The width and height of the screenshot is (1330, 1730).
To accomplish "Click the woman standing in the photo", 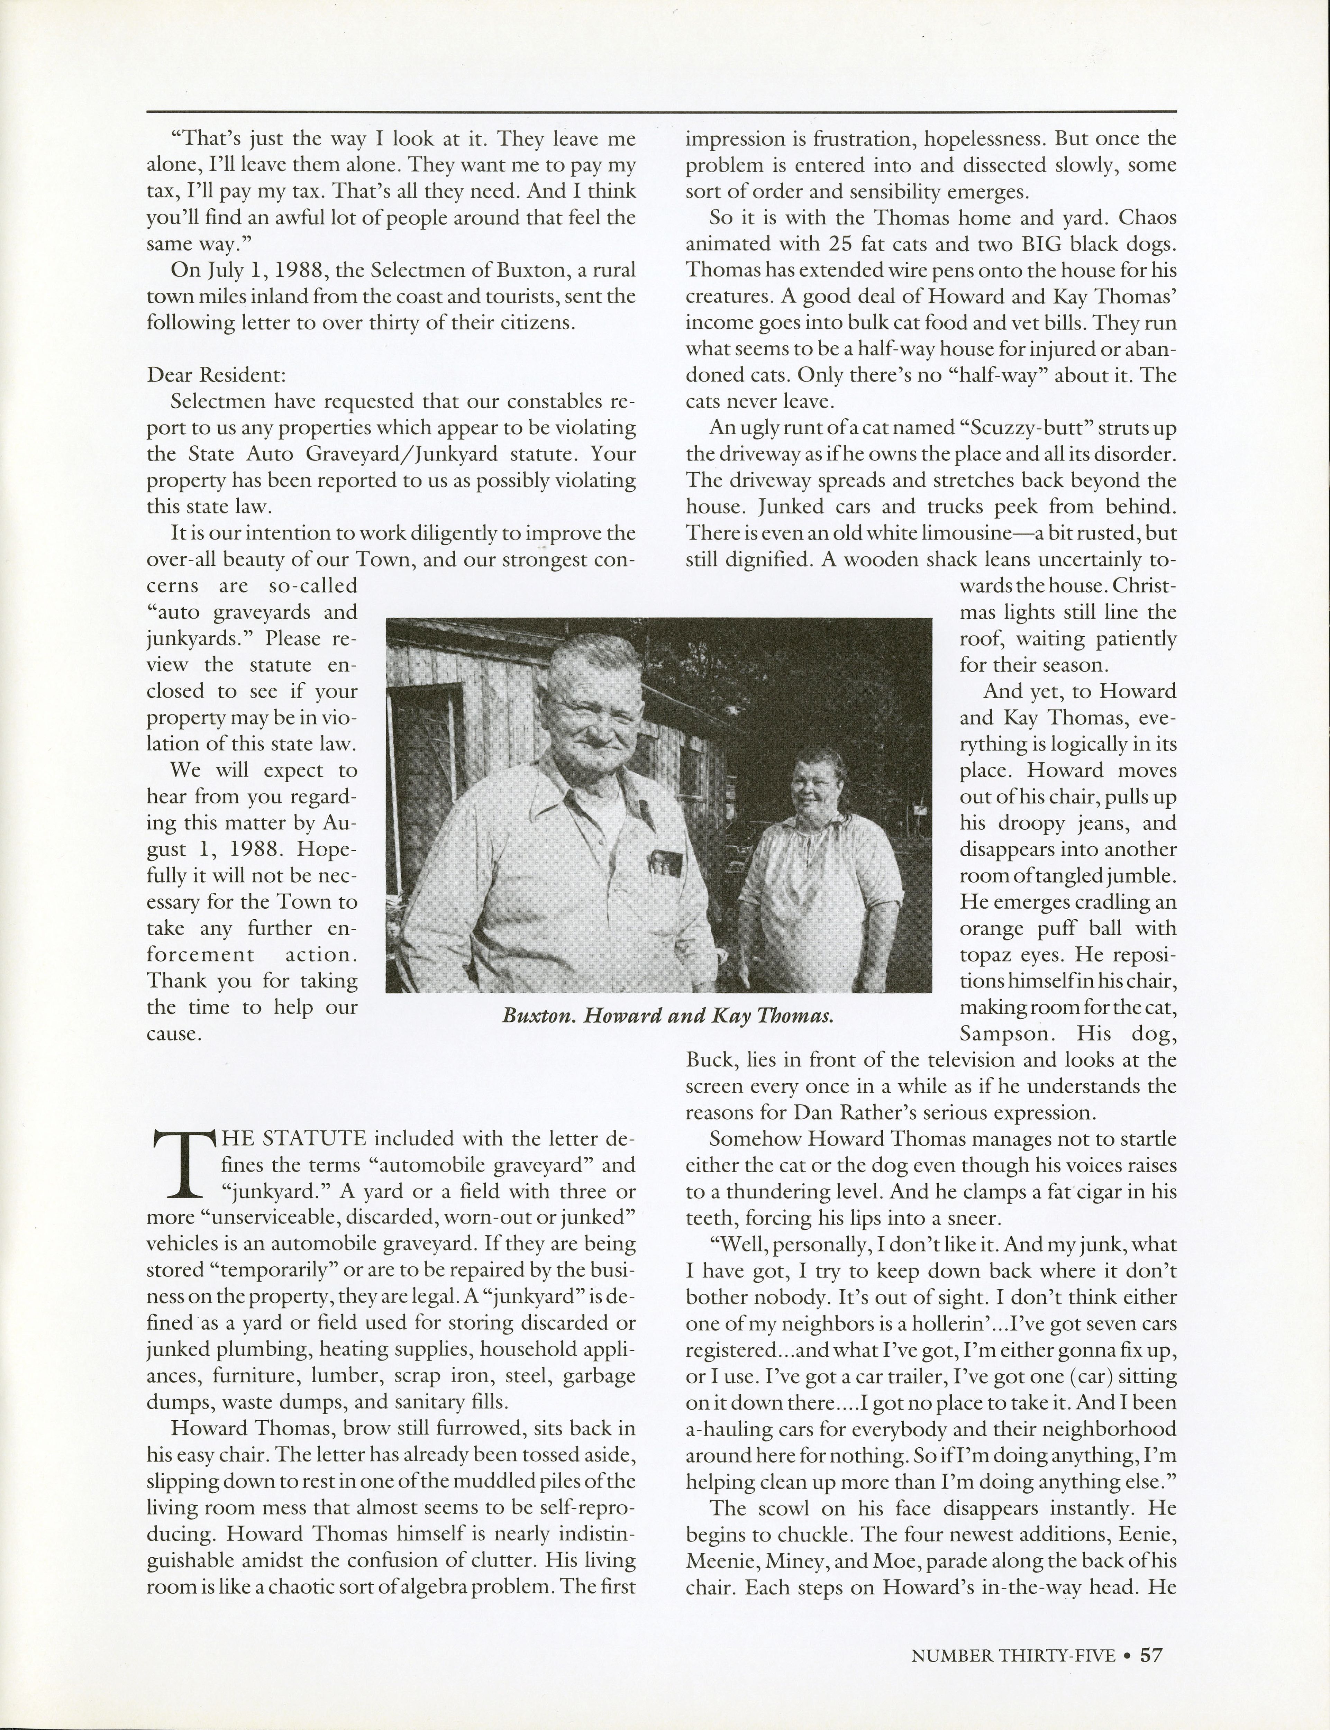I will click(x=816, y=863).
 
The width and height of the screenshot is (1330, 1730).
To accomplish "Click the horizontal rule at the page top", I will click(x=661, y=111).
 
